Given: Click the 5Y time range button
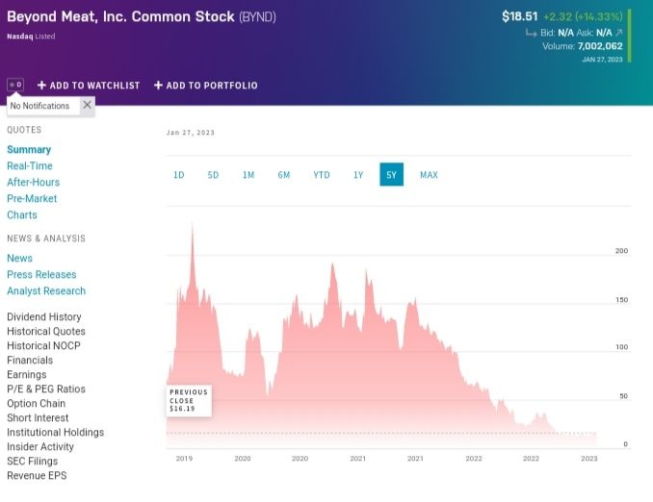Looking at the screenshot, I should pos(391,175).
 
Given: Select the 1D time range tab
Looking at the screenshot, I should pos(179,175).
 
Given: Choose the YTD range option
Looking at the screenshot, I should pos(322,175).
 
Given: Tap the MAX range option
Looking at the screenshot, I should pos(429,175).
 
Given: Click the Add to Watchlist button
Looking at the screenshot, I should pos(89,86).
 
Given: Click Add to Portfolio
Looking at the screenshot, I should pos(206,86).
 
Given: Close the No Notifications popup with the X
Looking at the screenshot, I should pos(87,105).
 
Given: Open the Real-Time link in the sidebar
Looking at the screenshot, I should pos(30,166).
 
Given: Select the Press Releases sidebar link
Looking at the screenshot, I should pos(41,275).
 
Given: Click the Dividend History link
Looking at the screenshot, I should pos(44,317).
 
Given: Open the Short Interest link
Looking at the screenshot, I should pos(38,418).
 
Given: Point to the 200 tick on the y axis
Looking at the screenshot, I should pos(621,251).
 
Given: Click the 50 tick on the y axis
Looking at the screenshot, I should pos(623,396).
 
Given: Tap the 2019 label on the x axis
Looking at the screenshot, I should pos(184,459).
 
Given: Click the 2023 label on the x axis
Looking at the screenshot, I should pos(588,459).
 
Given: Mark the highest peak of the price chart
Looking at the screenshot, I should pos(192,224).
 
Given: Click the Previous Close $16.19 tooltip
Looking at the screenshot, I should pos(189,400).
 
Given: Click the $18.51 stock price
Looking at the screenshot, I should pos(519,16).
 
